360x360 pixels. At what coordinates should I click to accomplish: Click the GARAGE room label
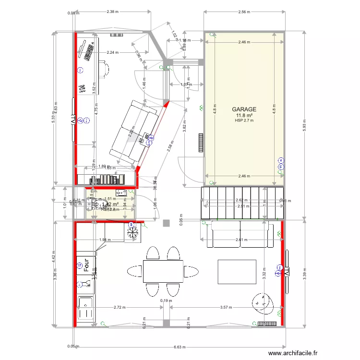point(244,109)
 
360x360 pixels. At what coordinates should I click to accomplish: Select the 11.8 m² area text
point(244,115)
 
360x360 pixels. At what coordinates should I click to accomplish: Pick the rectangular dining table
point(163,271)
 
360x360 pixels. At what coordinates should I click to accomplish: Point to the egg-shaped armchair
point(262,302)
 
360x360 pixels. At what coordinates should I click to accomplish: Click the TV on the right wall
point(287,272)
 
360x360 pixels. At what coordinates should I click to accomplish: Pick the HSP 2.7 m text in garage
point(244,120)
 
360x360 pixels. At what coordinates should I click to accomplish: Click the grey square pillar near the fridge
point(166,223)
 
